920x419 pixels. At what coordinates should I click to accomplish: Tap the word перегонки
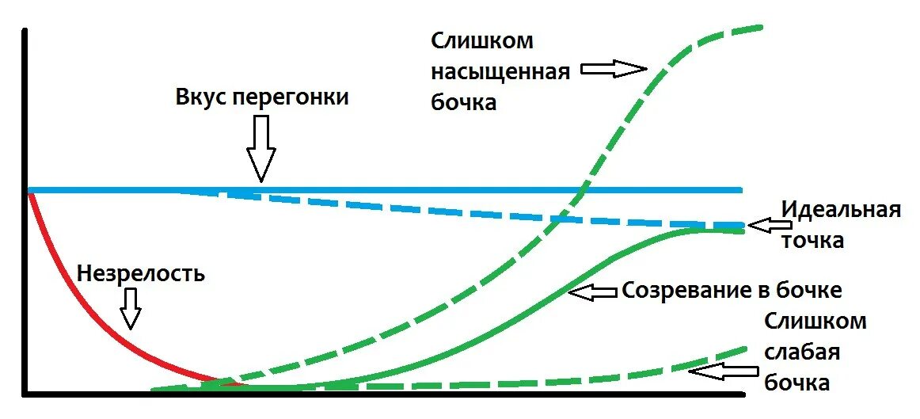click(291, 98)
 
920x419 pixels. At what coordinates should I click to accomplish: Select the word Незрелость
click(141, 274)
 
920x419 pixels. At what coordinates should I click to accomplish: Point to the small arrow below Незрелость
click(131, 307)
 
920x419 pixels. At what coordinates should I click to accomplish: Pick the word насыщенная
click(500, 72)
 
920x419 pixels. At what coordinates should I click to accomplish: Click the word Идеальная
click(842, 210)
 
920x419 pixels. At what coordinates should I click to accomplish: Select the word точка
click(812, 240)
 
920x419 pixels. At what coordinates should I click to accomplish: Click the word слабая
click(802, 352)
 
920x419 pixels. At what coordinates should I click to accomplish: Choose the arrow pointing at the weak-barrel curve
click(720, 370)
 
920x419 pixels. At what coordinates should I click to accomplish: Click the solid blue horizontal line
click(396, 190)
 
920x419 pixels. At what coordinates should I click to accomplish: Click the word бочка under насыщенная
click(463, 103)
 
